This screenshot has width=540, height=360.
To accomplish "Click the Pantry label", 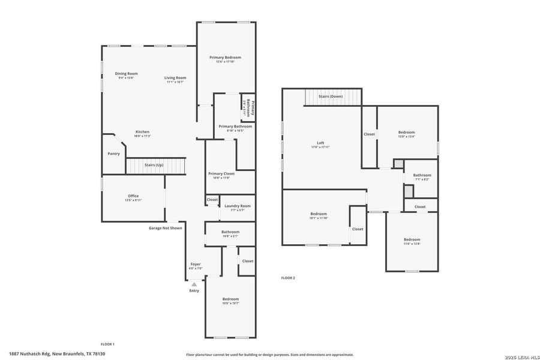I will click(113, 154).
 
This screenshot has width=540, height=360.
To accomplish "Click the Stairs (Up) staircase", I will click(155, 165).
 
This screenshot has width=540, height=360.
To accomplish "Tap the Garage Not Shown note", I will click(166, 228).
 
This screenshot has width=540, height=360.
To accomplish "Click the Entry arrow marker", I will click(194, 284).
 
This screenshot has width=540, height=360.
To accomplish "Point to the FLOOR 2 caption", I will click(288, 278).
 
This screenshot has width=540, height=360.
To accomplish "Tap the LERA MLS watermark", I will click(518, 355).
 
